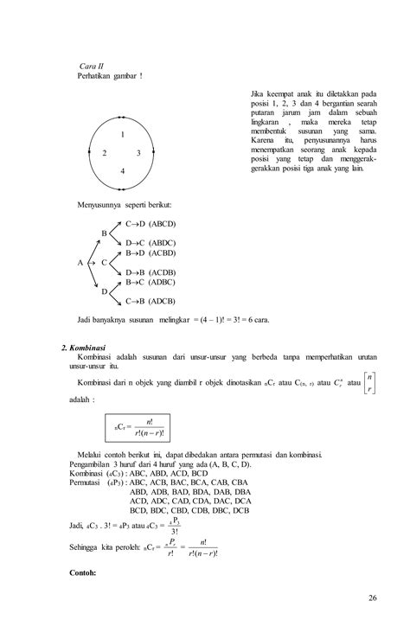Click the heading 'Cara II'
[x=92, y=66]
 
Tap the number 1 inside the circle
[x=123, y=135]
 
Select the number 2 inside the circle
[x=105, y=153]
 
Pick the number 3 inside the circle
[x=138, y=153]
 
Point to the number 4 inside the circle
[x=123, y=171]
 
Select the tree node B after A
[x=105, y=233]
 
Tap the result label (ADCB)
[x=164, y=301]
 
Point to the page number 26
[x=373, y=597]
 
